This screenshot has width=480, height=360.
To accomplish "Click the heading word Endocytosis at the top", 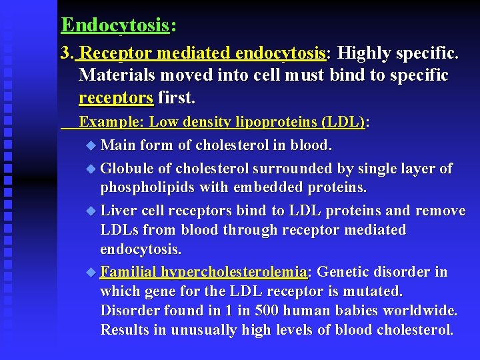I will pos(115,25).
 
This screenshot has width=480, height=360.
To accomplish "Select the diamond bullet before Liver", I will pos(91,211).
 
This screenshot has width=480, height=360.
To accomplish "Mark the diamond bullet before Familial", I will pos(91,273).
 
